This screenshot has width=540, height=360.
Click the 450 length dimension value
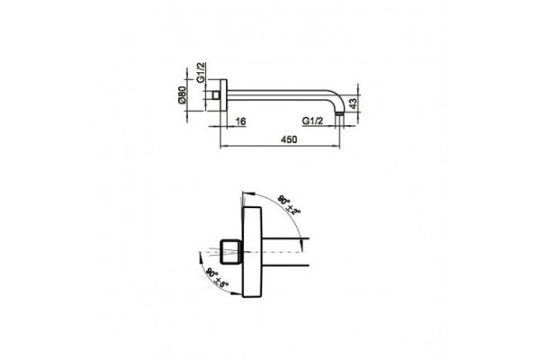coord(289,139)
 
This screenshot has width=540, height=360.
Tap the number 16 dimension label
coord(240,121)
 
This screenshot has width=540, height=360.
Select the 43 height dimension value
coord(354,103)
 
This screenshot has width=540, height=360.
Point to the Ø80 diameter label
coord(182,95)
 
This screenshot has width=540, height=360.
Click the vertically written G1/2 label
coord(201,72)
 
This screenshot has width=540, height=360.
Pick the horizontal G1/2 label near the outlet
coord(312,121)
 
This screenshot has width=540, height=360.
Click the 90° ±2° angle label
coord(289,205)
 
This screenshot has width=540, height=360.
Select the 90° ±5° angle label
coord(217,278)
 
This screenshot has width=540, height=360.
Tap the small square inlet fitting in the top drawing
coord(216,95)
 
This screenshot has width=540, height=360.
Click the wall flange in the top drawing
coord(223,95)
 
